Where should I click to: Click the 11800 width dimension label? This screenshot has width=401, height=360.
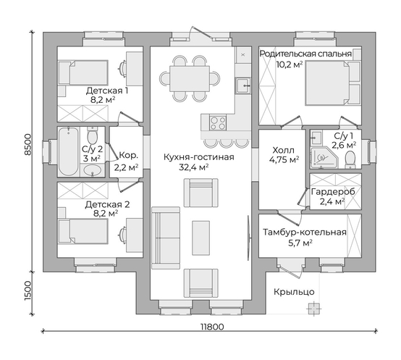click(212, 327)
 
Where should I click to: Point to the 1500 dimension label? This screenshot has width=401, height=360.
click(28, 291)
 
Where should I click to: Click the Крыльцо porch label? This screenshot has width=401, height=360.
click(294, 292)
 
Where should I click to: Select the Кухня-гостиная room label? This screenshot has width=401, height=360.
click(199, 157)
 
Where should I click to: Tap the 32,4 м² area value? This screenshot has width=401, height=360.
click(193, 167)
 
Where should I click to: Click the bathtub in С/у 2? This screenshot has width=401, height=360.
click(68, 151)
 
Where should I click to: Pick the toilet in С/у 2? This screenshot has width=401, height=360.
click(92, 135)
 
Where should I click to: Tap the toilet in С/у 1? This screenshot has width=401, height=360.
click(350, 159)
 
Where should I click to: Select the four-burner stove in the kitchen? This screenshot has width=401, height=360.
click(218, 123)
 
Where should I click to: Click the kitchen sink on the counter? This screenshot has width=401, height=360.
click(242, 85)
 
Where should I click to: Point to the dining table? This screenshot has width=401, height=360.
click(190, 78)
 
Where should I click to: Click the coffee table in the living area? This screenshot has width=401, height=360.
click(201, 238)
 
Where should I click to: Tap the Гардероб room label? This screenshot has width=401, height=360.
click(333, 192)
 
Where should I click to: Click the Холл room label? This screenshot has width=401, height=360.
click(283, 150)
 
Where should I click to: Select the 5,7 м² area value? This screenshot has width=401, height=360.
click(300, 243)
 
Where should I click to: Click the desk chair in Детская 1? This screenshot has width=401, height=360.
click(123, 67)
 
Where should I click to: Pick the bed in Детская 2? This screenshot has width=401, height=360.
click(83, 231)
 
